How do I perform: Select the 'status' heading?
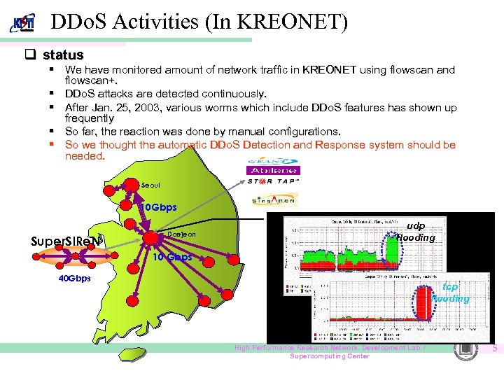(63, 55)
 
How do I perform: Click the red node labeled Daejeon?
(150, 237)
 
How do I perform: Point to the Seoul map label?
(150, 185)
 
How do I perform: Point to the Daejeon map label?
(181, 234)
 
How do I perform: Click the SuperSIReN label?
(67, 241)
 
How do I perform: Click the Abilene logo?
(272, 167)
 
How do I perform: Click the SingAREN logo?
(275, 199)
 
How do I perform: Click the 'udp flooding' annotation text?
(416, 232)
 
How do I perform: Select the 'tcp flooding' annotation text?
(450, 293)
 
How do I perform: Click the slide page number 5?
(494, 348)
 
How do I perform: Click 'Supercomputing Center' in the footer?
(330, 356)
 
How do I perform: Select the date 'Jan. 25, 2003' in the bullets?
(125, 108)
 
